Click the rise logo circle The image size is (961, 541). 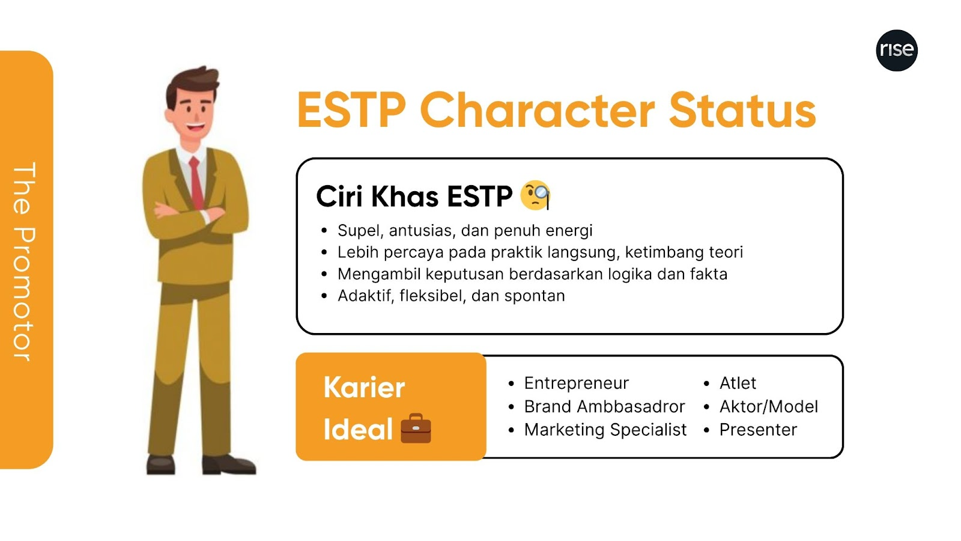(896, 50)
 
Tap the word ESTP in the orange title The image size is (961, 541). (351, 111)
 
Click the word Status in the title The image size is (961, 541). (742, 111)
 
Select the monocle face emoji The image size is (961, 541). (535, 195)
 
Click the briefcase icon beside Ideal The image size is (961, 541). (416, 428)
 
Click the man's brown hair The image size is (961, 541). (192, 84)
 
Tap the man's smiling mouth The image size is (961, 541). (195, 127)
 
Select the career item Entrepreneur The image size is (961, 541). (576, 383)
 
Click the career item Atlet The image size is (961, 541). (738, 383)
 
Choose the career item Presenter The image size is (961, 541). (758, 430)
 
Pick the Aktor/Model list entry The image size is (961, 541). (769, 406)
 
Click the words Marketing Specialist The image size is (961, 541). (605, 430)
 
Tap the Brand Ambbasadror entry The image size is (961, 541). (604, 406)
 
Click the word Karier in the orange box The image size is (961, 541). (364, 387)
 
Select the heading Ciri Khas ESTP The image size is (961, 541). (414, 197)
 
